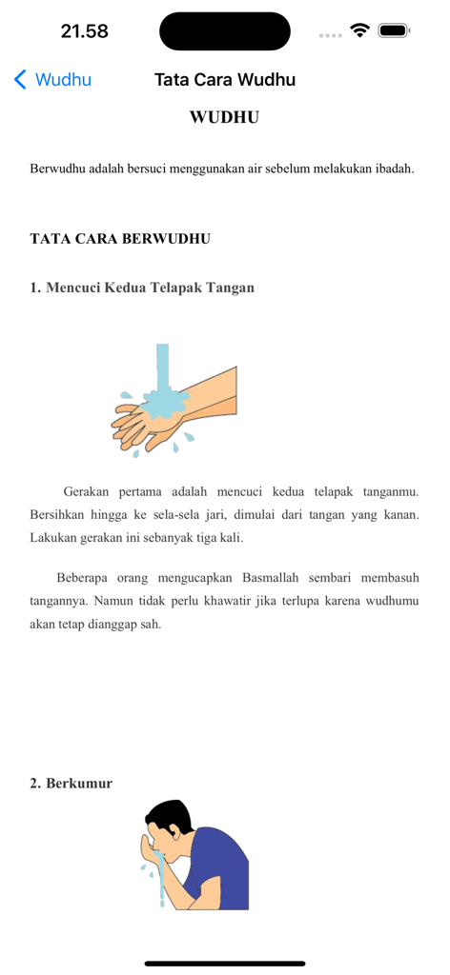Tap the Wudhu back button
click(53, 80)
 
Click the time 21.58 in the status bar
click(85, 31)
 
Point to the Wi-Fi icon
click(359, 30)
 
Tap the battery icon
click(393, 30)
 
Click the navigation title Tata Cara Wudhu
click(225, 80)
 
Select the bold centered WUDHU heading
click(225, 118)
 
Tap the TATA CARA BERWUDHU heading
click(120, 238)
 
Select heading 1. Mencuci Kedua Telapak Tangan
click(142, 288)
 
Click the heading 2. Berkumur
click(71, 784)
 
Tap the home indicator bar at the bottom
click(225, 964)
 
